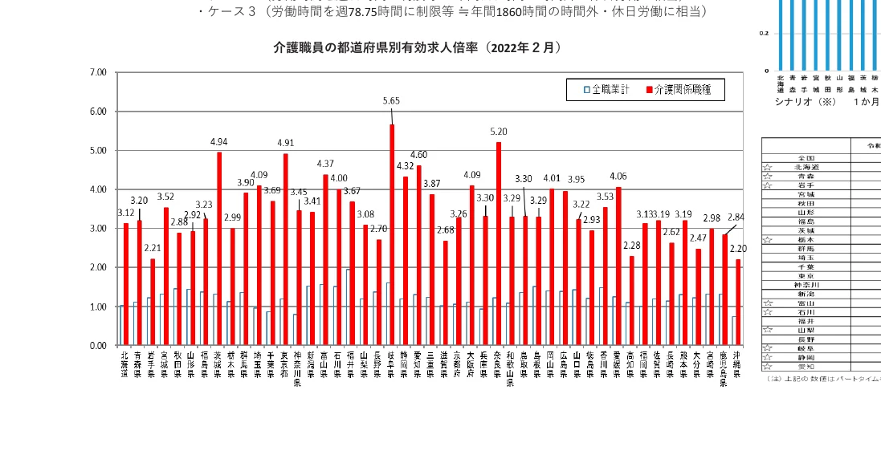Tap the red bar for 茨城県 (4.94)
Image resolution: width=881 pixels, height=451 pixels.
click(x=218, y=249)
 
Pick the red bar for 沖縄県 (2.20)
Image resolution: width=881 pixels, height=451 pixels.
click(x=738, y=302)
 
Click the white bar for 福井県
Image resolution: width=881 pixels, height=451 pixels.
click(x=348, y=307)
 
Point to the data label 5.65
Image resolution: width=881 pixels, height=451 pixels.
click(x=391, y=101)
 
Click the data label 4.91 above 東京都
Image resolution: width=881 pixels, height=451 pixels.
click(x=286, y=143)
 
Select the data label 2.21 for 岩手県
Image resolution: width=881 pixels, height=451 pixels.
click(x=153, y=248)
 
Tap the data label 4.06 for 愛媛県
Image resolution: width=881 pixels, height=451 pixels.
click(x=618, y=177)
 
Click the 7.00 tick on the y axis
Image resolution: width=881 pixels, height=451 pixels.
click(x=98, y=73)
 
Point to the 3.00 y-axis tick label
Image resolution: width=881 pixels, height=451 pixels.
click(x=98, y=229)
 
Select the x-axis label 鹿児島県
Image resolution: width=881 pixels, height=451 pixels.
click(x=724, y=368)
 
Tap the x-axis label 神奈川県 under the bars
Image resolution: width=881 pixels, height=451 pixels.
click(x=297, y=368)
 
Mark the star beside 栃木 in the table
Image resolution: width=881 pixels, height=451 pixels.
click(x=768, y=240)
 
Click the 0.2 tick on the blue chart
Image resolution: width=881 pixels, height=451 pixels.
click(x=764, y=34)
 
